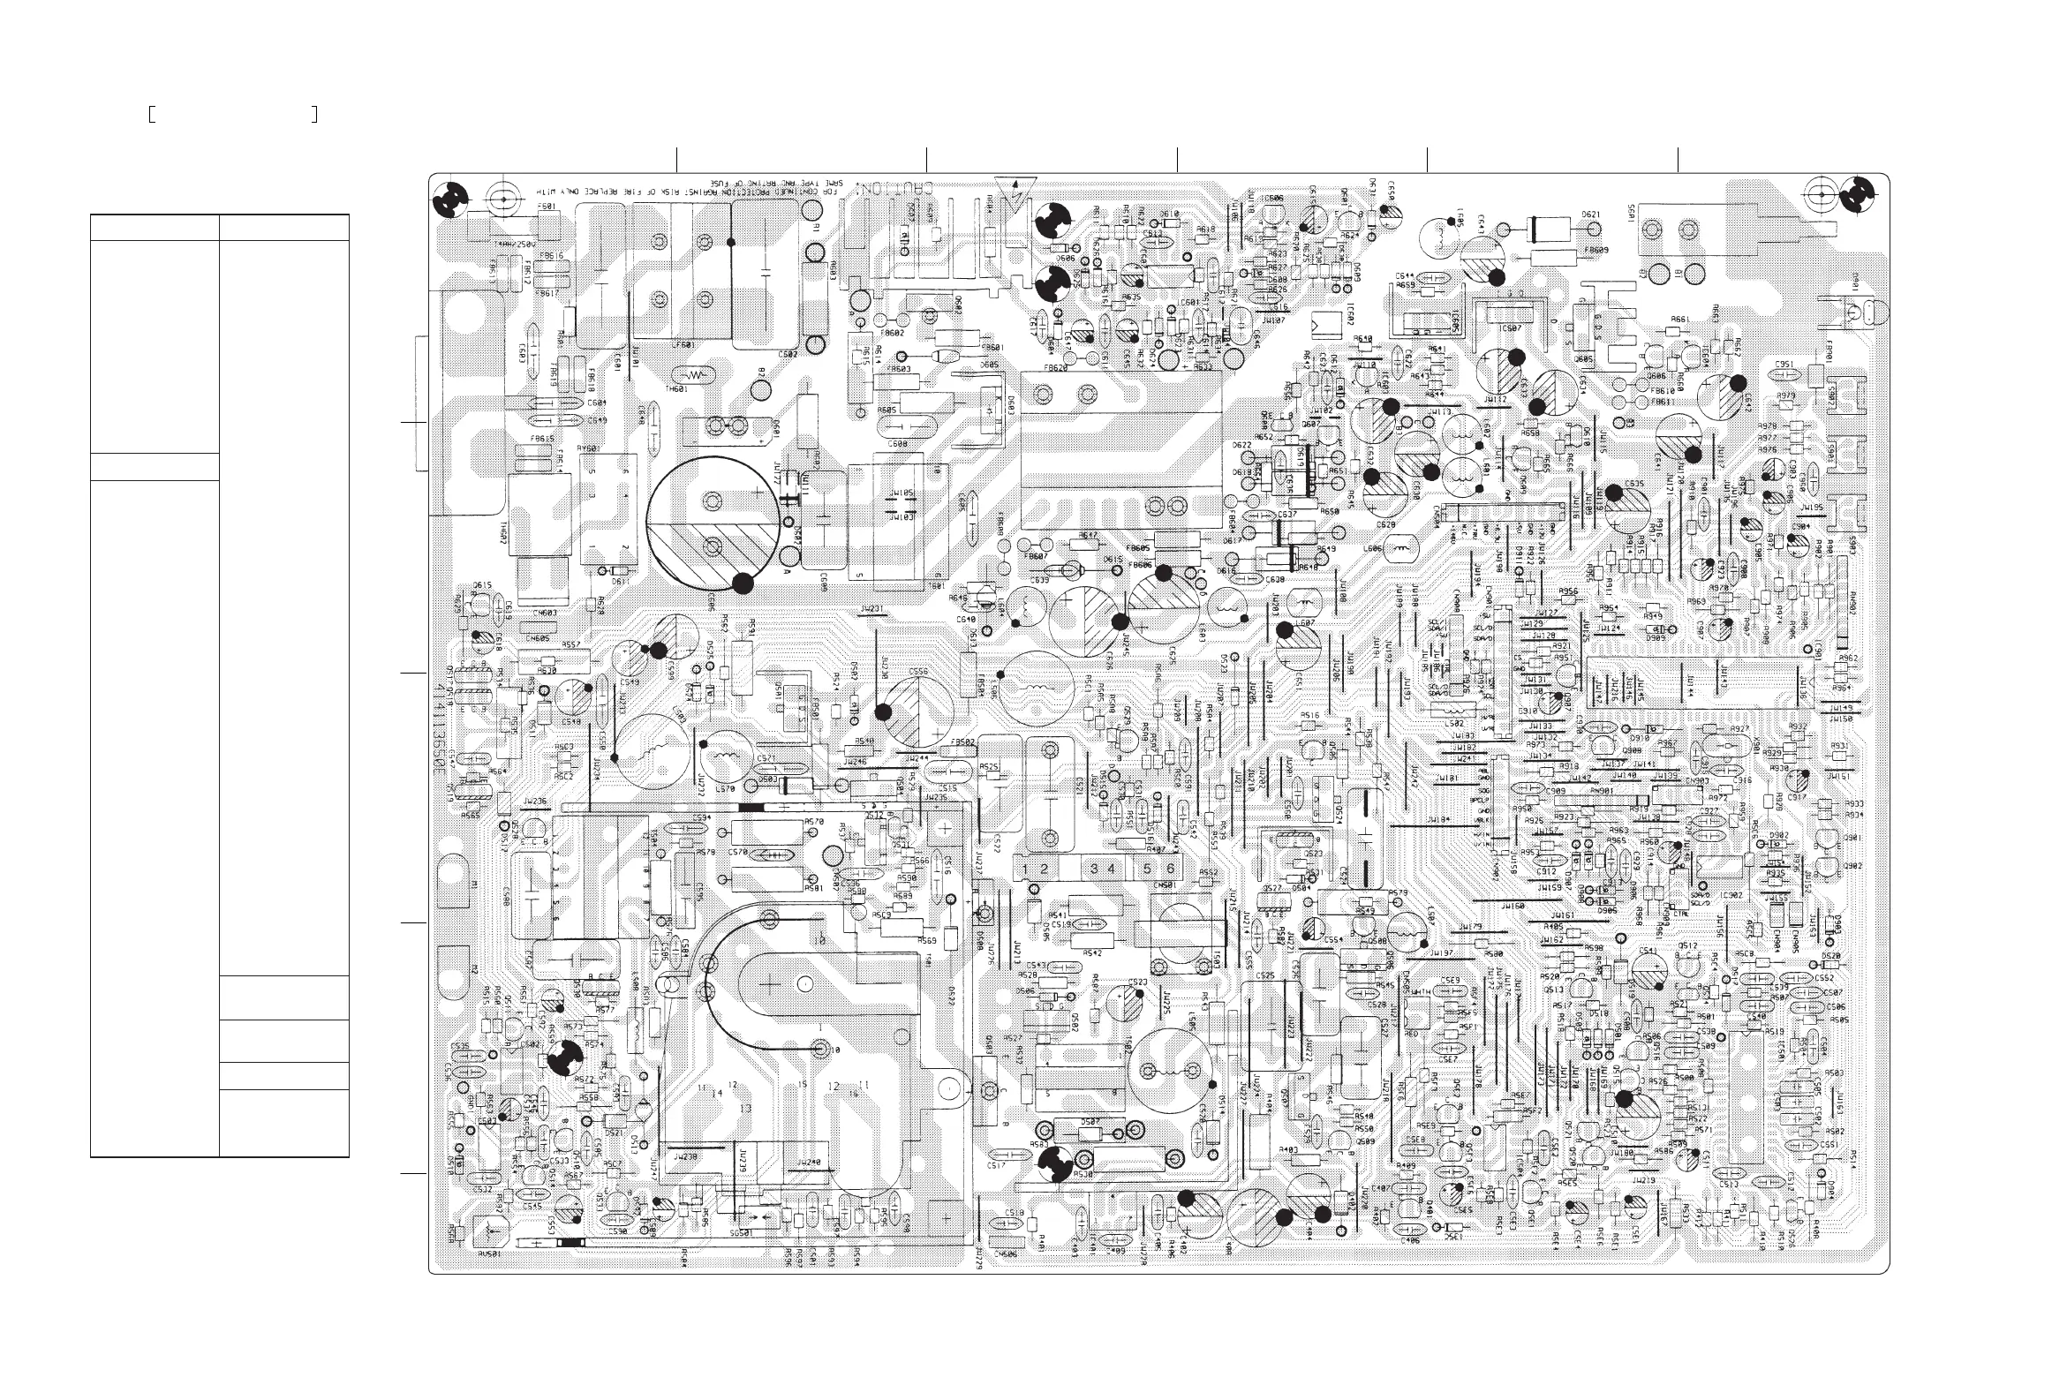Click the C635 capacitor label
(x=1633, y=484)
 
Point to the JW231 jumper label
(x=871, y=609)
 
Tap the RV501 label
(x=488, y=1253)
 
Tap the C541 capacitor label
(x=1647, y=951)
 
